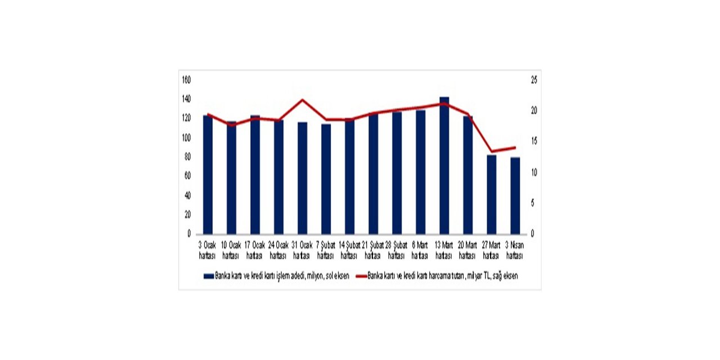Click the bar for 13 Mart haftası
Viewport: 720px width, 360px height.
(444, 166)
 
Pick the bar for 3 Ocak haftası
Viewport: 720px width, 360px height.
(208, 174)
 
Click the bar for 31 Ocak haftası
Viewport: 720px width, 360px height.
(303, 178)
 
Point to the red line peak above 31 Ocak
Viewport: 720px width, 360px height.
(303, 100)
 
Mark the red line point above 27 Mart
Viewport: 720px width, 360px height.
(492, 151)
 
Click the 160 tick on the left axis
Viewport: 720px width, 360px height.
(187, 80)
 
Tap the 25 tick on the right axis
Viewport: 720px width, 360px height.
(534, 80)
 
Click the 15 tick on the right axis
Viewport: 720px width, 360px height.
(534, 142)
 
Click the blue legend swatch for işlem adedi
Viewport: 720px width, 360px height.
(208, 276)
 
